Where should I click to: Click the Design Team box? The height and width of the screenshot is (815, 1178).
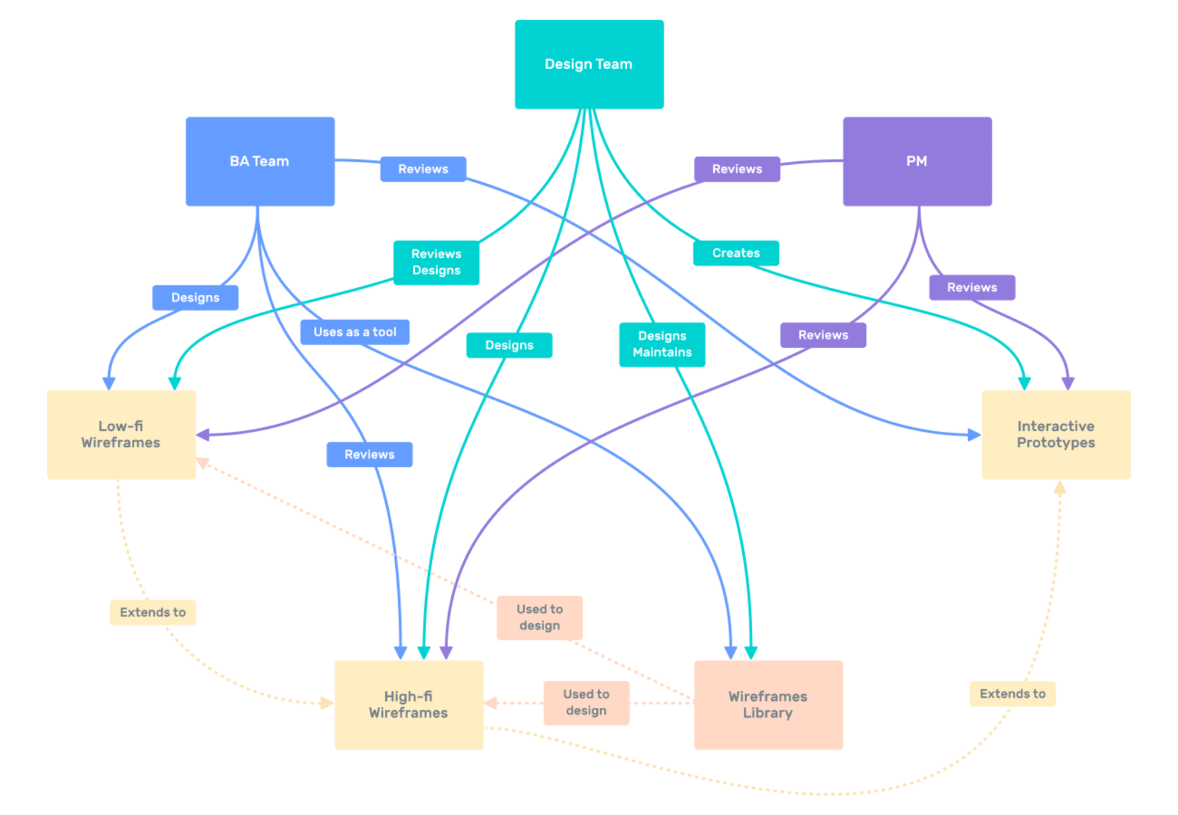[589, 64]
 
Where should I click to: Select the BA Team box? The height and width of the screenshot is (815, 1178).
[260, 161]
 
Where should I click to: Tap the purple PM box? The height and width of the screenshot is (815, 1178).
[917, 161]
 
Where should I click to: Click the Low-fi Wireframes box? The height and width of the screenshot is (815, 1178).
[121, 434]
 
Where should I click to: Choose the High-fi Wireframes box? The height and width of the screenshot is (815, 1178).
[409, 704]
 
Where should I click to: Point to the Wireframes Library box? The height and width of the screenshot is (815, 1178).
[768, 704]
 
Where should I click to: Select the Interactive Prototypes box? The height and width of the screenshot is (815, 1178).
[1055, 434]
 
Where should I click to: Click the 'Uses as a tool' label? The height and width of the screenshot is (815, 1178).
[355, 332]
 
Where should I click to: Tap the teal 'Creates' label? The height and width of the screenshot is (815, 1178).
[736, 253]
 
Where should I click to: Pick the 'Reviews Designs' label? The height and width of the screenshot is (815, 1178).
[436, 262]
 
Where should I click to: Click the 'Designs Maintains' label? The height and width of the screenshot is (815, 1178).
[662, 344]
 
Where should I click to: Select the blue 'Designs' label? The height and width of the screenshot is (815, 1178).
[195, 298]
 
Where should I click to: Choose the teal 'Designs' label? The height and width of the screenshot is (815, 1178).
[509, 345]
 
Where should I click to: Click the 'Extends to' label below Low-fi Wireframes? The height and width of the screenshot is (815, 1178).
[153, 613]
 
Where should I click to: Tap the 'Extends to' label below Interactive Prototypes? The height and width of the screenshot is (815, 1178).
[1012, 694]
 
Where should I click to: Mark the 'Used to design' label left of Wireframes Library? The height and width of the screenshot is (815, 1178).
[586, 703]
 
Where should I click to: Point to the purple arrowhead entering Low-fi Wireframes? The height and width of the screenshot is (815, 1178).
[203, 435]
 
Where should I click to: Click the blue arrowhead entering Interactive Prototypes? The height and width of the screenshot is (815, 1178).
[974, 435]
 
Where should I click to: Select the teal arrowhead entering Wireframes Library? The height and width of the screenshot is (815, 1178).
[751, 653]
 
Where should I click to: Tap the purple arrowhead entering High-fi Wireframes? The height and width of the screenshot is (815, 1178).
[446, 653]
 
